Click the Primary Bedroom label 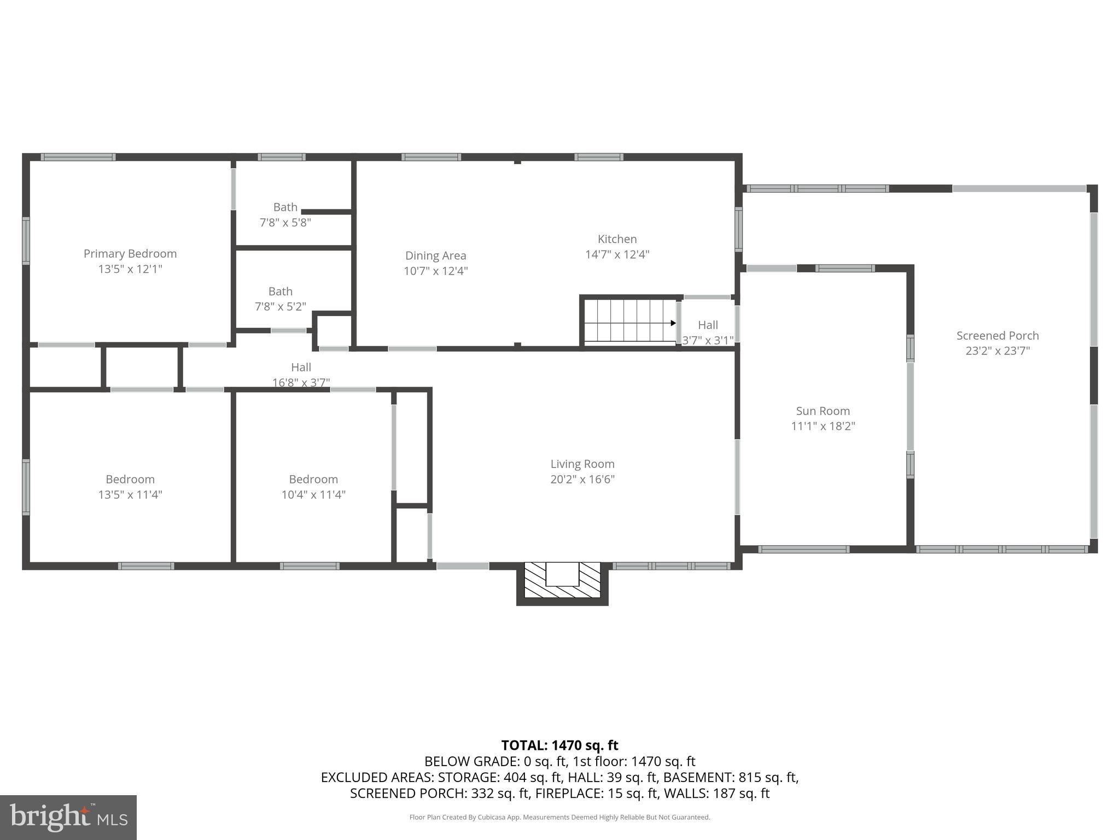pyautogui.click(x=130, y=254)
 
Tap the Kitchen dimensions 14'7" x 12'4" pyautogui.click(x=617, y=255)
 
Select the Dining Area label pyautogui.click(x=435, y=255)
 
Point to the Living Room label pyautogui.click(x=582, y=464)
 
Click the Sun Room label pyautogui.click(x=822, y=411)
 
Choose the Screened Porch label pyautogui.click(x=997, y=336)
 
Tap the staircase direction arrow pyautogui.click(x=673, y=323)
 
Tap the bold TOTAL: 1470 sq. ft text pyautogui.click(x=559, y=745)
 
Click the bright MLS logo pyautogui.click(x=68, y=818)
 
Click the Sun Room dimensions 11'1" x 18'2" pyautogui.click(x=822, y=427)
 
